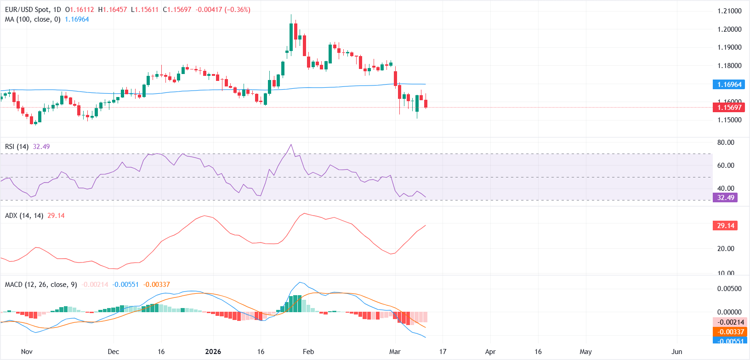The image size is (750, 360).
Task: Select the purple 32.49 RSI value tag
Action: click(x=726, y=198)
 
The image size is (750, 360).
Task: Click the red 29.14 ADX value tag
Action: click(x=726, y=226)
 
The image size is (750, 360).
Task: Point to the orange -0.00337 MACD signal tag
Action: click(x=729, y=332)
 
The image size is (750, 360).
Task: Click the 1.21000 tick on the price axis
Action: click(x=729, y=11)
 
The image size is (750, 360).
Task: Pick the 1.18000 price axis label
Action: click(x=729, y=66)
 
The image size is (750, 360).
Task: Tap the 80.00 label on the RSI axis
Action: click(x=726, y=143)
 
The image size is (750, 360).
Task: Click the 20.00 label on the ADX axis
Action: click(x=726, y=249)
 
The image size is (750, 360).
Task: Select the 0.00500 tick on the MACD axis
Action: click(x=729, y=289)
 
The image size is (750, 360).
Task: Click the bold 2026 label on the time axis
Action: click(x=213, y=352)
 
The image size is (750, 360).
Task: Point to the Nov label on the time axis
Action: click(x=27, y=352)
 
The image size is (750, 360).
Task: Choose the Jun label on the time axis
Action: click(x=676, y=352)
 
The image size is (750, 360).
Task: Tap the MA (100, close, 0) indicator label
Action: click(x=33, y=19)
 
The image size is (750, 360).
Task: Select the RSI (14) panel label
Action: click(x=17, y=147)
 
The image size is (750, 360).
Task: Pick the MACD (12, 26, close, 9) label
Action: click(x=41, y=285)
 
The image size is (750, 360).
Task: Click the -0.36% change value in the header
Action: click(x=238, y=10)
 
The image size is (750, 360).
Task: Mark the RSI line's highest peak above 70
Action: click(x=291, y=144)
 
